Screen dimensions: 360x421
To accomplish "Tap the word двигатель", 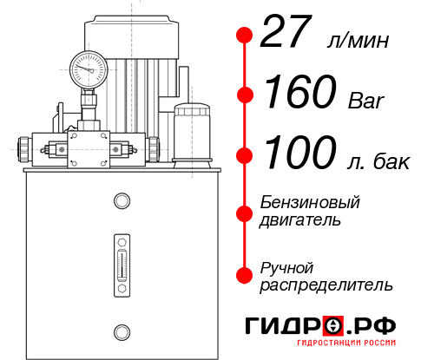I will [299, 220].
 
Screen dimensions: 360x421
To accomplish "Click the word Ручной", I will [286, 265].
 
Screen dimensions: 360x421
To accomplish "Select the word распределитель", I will [326, 284].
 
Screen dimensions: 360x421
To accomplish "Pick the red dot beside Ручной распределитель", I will [245, 273].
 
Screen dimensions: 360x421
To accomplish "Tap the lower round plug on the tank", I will [122, 330].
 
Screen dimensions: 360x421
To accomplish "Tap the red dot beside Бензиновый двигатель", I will [245, 213].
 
